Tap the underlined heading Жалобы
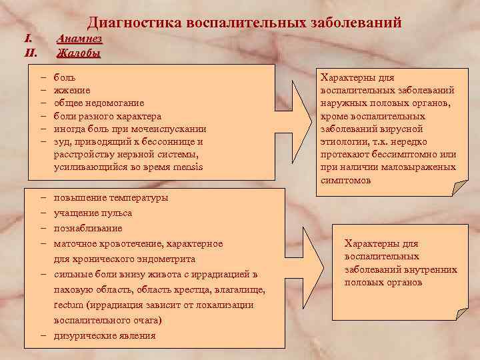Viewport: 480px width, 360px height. (79, 53)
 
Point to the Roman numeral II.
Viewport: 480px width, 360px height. (29, 53)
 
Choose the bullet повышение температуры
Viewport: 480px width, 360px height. (111, 198)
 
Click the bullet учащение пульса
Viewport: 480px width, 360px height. (93, 213)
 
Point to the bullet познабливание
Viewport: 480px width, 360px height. (87, 229)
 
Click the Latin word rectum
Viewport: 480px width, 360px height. (68, 305)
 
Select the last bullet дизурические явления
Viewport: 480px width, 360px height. (105, 335)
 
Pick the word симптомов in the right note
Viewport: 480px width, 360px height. (346, 180)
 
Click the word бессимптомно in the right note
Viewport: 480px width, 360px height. (396, 155)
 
